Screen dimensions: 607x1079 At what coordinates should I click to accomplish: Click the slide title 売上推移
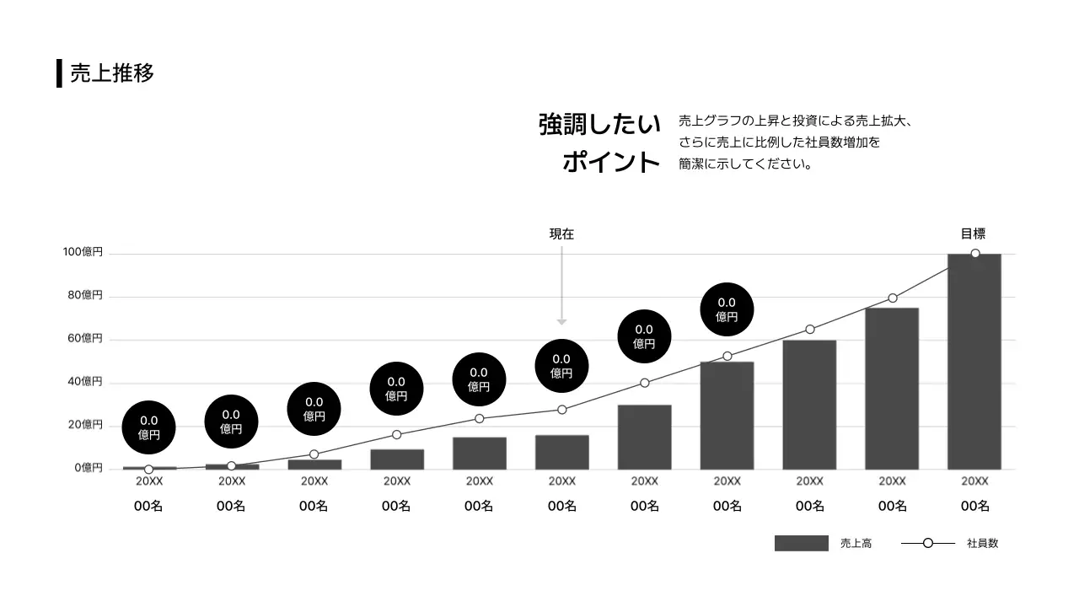111,73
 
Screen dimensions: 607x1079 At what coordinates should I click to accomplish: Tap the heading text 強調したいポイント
599,142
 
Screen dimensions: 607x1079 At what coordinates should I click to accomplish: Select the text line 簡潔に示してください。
745,164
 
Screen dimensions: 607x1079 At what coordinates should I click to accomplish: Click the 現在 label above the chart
561,234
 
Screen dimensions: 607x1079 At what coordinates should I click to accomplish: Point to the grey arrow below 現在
561,287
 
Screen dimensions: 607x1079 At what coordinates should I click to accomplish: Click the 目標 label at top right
973,234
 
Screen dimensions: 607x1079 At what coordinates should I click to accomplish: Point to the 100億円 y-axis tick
83,252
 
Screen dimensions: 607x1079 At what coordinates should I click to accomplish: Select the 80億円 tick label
85,295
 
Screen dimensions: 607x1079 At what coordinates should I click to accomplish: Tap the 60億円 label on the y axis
85,338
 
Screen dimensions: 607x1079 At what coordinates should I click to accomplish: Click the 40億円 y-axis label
85,381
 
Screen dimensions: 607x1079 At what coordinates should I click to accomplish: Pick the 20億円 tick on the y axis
85,425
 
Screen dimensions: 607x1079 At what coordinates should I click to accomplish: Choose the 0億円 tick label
88,468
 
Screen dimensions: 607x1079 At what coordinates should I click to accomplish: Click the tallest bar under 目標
974,363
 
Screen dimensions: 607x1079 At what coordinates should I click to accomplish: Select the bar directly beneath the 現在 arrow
561,452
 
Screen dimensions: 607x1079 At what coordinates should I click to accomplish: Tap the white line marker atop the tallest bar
975,254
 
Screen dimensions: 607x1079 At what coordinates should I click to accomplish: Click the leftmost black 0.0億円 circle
149,427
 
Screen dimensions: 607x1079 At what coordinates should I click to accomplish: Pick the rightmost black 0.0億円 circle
727,309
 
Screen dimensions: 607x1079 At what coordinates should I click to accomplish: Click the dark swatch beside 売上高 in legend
801,544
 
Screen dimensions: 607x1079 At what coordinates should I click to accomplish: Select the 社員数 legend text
982,544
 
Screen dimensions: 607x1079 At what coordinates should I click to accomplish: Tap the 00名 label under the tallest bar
974,506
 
